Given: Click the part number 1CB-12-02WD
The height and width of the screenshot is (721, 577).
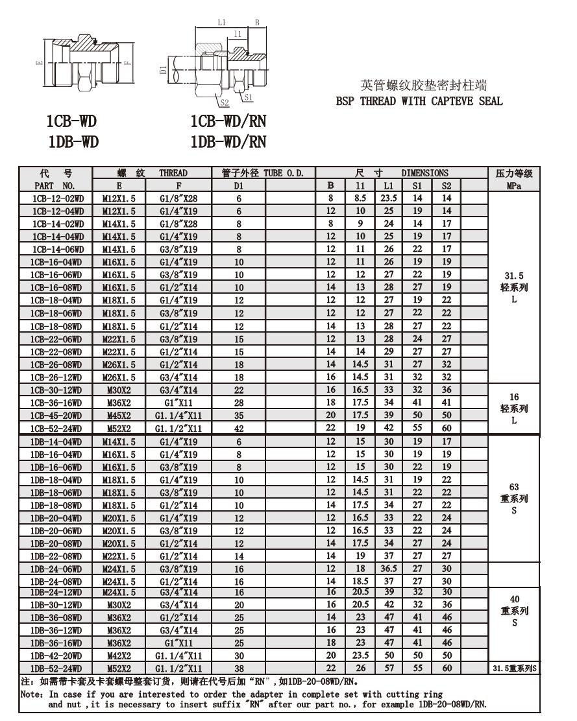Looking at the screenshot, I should tap(56, 198).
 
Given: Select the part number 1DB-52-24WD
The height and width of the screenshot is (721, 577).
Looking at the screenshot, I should tap(56, 668).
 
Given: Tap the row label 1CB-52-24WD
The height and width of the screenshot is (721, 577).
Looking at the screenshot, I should tap(56, 428).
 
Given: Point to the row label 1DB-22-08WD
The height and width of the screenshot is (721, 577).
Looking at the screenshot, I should tap(56, 556).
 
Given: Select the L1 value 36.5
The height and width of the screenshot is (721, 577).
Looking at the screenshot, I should tap(389, 569).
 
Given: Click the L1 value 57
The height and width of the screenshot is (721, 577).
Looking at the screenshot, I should tap(389, 668).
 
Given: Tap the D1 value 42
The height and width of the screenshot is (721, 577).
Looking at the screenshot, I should tap(239, 428).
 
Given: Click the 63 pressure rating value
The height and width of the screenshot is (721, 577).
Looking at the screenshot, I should tap(513, 487).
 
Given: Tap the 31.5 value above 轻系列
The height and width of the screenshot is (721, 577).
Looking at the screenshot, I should tap(513, 275).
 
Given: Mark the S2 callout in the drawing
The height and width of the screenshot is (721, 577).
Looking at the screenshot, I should tap(225, 102).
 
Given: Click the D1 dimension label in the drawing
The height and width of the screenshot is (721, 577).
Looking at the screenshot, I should tap(163, 67).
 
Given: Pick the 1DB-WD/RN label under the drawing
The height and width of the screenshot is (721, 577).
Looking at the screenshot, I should tap(228, 142).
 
